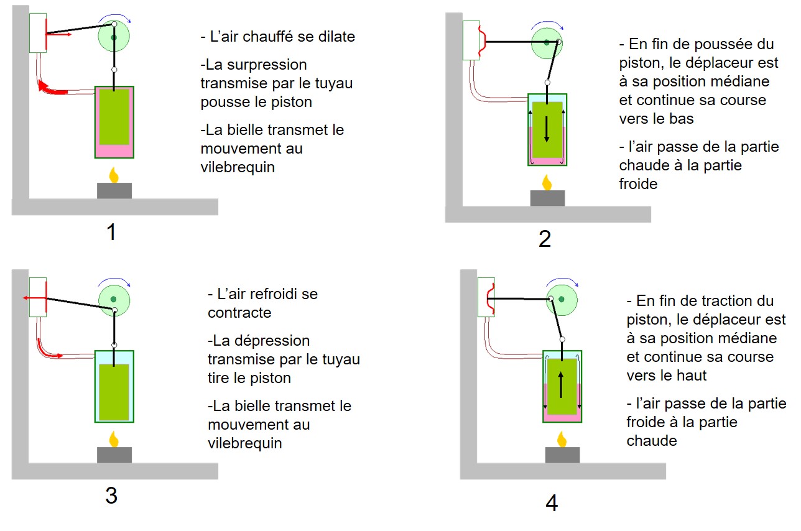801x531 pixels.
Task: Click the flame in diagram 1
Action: tap(114, 175)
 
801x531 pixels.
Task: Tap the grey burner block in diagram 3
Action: tap(114, 455)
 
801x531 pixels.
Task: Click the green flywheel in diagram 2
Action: tap(547, 43)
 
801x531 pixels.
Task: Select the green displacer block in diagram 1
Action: tap(114, 117)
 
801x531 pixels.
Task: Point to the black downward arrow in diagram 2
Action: tap(547, 129)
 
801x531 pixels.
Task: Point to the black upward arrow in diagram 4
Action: tap(561, 385)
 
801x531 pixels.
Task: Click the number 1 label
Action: tap(111, 232)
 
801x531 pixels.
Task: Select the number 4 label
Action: tap(552, 503)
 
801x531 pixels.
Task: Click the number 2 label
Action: tap(545, 239)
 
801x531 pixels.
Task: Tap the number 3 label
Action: tap(111, 496)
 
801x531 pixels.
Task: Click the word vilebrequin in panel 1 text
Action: tap(238, 167)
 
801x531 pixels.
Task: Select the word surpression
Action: tap(256, 65)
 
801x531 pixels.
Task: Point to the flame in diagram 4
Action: tap(562, 439)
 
